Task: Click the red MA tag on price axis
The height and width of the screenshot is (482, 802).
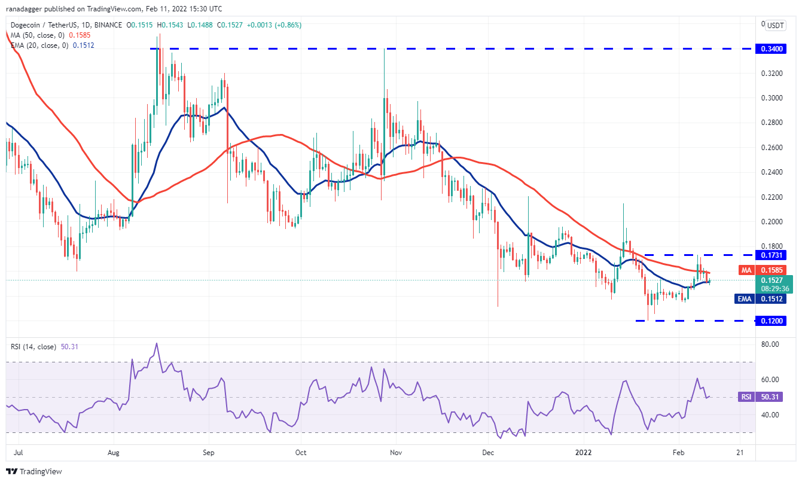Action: tap(746, 270)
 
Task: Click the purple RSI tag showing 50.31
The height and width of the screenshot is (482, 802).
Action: tap(746, 396)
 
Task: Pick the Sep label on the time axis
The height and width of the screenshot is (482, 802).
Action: tap(208, 453)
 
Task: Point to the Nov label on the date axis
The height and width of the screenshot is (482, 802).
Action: tap(395, 453)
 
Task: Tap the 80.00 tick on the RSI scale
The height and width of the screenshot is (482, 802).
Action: tap(770, 344)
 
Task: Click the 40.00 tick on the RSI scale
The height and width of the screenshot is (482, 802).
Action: tap(770, 414)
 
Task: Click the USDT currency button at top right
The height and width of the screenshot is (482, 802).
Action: tap(775, 26)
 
